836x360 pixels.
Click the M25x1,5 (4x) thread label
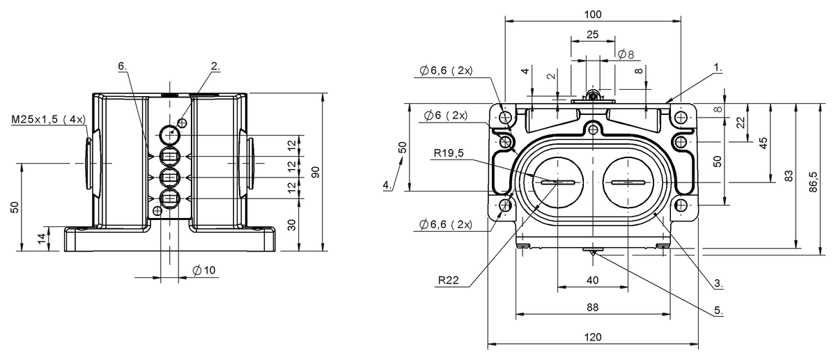(x=49, y=119)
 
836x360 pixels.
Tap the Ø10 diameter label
(x=203, y=270)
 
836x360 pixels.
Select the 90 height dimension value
(x=316, y=172)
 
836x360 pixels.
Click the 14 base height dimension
(x=43, y=237)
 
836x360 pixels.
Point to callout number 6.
(x=123, y=66)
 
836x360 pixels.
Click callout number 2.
(x=215, y=66)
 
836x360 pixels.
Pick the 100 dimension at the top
(x=593, y=15)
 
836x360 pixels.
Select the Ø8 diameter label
(x=626, y=54)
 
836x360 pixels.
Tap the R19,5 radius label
(x=449, y=153)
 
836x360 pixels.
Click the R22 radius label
(x=448, y=280)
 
